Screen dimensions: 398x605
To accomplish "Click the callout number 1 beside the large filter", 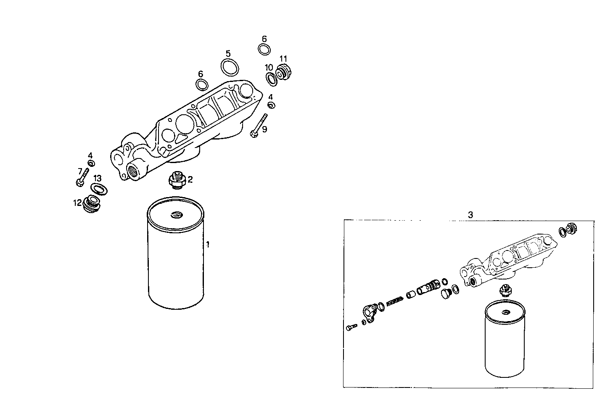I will coord(207,244).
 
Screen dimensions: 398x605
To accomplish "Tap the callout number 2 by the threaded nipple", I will coord(190,180).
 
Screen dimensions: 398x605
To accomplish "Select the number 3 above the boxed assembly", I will coord(470,215).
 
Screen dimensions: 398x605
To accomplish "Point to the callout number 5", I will coord(228,53).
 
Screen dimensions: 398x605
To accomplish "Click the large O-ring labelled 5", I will coord(230,66).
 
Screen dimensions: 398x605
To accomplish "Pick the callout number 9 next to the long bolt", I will coord(264,129).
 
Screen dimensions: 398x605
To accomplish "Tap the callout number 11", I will coord(283,58).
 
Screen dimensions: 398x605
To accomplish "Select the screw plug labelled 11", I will coord(284,74).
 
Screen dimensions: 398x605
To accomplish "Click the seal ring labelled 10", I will coord(271,78).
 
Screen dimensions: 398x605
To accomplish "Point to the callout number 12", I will coord(77,203).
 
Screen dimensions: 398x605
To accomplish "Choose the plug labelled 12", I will coord(92,204).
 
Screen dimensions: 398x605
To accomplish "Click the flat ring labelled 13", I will coord(99,189).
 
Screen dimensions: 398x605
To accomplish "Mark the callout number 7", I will coord(79,171).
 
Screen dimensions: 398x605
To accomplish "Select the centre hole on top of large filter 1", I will coord(175,216).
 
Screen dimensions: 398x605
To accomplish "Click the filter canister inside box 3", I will coord(505,340).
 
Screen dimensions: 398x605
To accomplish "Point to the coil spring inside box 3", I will coord(394,301).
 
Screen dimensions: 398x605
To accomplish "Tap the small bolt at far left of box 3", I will coord(351,327).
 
